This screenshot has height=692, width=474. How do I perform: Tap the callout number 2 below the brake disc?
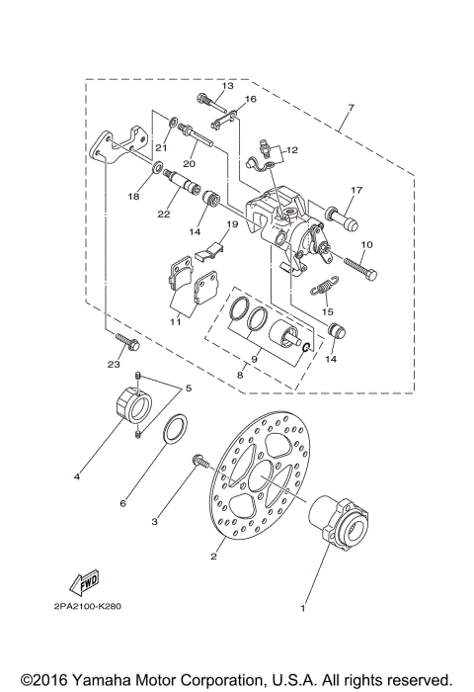tap(212, 558)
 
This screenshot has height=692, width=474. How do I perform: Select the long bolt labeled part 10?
tap(357, 263)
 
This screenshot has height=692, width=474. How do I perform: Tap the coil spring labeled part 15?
tap(322, 286)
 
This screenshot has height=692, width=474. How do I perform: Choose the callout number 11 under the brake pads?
tap(176, 322)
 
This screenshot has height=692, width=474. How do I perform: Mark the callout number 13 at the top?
tap(227, 86)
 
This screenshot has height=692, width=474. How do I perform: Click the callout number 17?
tap(356, 190)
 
